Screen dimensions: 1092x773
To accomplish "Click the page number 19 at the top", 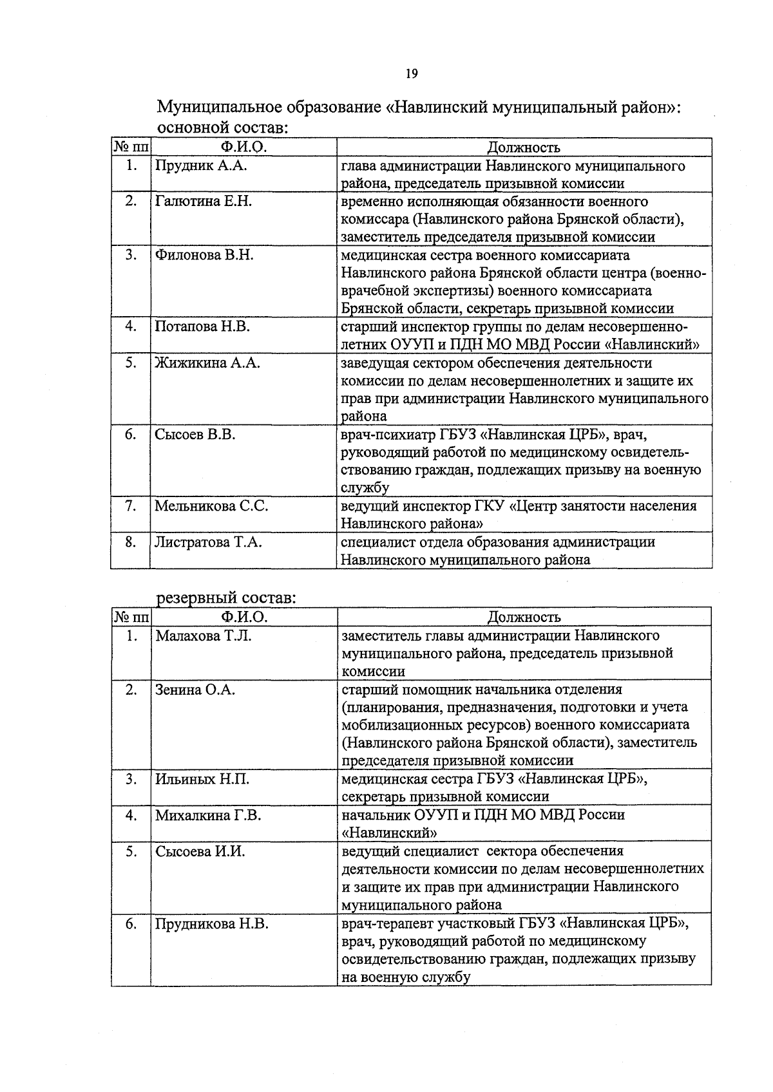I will [412, 73].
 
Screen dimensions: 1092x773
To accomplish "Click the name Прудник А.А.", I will [201, 166].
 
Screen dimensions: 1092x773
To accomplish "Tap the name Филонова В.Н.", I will [204, 255].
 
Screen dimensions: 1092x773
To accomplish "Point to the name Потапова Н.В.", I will [202, 326].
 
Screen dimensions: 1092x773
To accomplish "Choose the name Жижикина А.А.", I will [207, 363].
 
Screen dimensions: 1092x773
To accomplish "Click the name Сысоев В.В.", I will [195, 435].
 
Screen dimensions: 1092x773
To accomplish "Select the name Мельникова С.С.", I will [211, 506].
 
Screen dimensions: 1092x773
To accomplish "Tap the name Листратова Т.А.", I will [208, 542].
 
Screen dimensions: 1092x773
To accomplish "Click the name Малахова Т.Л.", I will [204, 636].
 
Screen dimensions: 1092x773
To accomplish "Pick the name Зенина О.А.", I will [195, 690].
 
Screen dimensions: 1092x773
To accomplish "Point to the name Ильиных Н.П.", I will [202, 780].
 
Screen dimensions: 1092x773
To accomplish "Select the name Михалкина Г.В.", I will [207, 816].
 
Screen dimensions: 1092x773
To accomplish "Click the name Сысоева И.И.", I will [200, 852].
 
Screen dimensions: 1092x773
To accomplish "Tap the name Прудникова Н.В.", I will [211, 924].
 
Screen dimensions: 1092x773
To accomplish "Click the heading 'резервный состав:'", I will [226, 598].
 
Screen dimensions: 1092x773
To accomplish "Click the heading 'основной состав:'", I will [223, 127].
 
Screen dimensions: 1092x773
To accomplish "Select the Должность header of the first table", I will [523, 148].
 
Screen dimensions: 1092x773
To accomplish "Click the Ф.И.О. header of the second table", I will [243, 617].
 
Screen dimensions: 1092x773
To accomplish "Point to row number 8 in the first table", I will [130, 542].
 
